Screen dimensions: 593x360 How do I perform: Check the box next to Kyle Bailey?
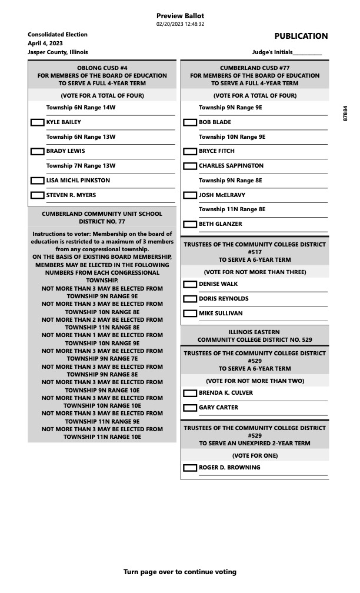click(37, 122)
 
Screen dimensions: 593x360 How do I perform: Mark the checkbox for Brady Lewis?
click(37, 151)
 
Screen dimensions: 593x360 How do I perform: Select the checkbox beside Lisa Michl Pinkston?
click(37, 181)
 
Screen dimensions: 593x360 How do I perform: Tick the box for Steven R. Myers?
click(37, 195)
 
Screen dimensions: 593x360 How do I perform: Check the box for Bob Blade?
click(190, 122)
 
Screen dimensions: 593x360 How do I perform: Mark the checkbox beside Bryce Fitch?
click(190, 151)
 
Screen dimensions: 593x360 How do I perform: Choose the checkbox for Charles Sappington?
click(190, 166)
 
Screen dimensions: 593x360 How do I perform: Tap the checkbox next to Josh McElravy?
click(190, 195)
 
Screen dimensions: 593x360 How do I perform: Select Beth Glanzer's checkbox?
click(190, 224)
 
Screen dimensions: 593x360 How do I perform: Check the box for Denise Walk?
click(190, 284)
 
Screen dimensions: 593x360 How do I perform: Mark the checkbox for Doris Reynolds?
click(190, 299)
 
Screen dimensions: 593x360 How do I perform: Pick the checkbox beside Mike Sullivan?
click(190, 314)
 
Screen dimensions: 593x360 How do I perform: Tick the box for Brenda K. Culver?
click(190, 393)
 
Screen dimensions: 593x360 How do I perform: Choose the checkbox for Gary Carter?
click(190, 408)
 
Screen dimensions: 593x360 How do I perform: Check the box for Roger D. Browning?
click(190, 468)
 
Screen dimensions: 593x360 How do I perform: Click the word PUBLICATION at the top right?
click(301, 36)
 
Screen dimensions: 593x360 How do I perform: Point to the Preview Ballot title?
click(180, 15)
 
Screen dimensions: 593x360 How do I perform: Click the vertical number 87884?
click(345, 114)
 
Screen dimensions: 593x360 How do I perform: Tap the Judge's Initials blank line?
click(307, 53)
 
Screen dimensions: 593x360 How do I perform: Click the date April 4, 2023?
click(45, 44)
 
